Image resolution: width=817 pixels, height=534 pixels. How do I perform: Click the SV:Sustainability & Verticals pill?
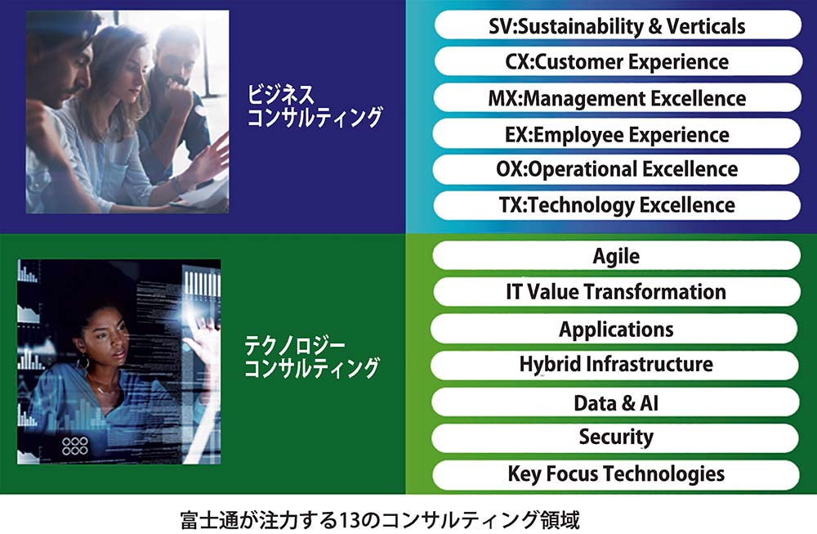[x=618, y=25]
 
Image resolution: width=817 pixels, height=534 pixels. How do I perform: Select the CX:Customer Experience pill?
[x=618, y=61]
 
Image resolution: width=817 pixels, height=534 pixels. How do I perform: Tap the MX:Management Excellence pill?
[x=618, y=97]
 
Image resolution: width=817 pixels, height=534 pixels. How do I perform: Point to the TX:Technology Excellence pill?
[x=617, y=205]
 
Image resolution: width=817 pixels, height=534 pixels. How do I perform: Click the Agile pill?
[x=616, y=255]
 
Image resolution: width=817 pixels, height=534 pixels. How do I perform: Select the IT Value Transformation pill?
[x=616, y=291]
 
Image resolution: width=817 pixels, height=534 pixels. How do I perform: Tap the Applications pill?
[x=615, y=329]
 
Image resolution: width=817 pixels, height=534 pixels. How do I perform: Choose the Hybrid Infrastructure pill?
[x=615, y=365]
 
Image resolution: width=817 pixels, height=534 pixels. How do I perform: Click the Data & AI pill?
[x=616, y=402]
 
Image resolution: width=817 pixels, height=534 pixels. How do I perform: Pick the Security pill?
[x=615, y=438]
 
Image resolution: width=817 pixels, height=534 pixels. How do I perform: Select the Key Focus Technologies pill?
[x=616, y=474]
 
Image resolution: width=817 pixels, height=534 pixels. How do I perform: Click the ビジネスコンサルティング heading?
[x=315, y=105]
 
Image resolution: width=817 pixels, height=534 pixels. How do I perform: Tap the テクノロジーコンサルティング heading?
[x=312, y=357]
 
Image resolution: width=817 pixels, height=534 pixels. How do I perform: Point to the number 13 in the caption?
[x=349, y=520]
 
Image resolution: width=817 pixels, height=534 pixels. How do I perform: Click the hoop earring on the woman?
[x=83, y=362]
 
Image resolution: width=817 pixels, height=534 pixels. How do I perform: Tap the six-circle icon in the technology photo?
[x=75, y=446]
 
